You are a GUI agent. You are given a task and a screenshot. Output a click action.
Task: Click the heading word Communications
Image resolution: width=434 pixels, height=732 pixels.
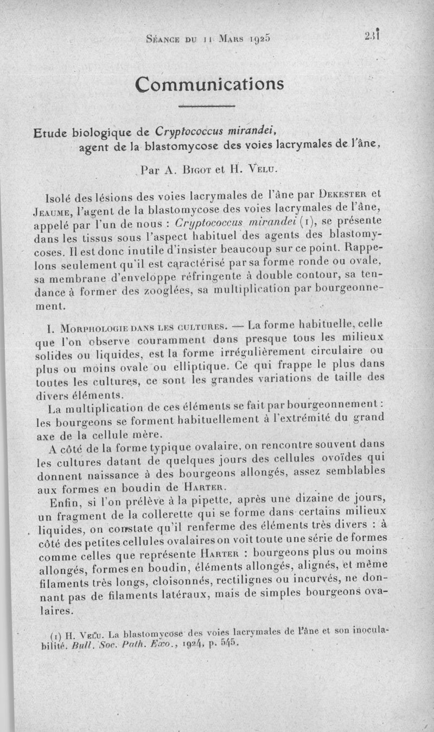[x=210, y=84]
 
